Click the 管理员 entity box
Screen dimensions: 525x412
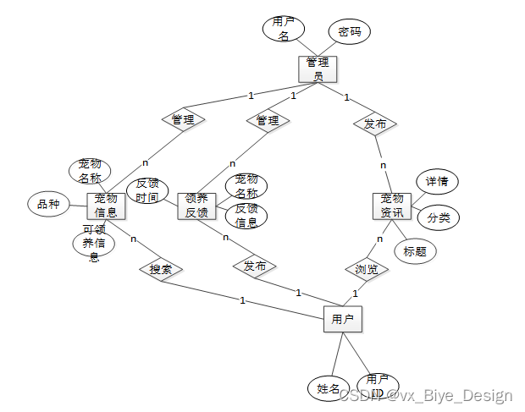318,69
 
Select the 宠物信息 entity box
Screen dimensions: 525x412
106,206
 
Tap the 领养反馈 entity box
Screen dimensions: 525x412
196,206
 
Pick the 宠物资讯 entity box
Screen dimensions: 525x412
391,206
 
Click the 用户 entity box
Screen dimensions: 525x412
343,320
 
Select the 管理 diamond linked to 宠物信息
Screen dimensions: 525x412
183,120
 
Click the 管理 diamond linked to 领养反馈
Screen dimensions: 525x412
268,120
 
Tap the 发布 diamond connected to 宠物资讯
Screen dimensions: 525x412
375,124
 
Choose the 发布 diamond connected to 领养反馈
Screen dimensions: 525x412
254,266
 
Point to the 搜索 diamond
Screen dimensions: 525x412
161,269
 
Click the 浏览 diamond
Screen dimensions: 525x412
367,269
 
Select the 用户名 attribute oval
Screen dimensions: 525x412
284,29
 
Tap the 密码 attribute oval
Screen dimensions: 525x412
349,32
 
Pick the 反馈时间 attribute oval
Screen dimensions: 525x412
146,190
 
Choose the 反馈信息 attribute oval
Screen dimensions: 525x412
246,216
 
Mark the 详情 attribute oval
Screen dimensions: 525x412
437,181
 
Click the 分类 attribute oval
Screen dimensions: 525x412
438,217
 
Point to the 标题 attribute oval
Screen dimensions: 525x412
415,250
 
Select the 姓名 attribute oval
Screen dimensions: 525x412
328,388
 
